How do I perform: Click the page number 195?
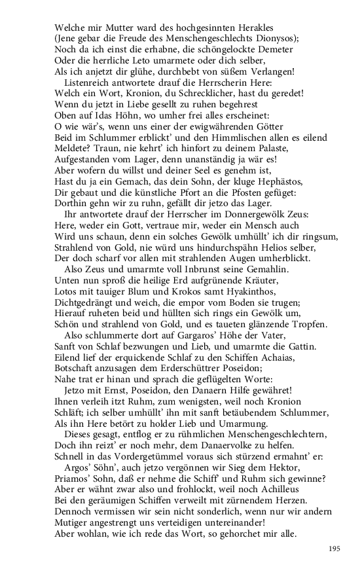[334, 548]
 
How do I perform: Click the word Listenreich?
[90, 83]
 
